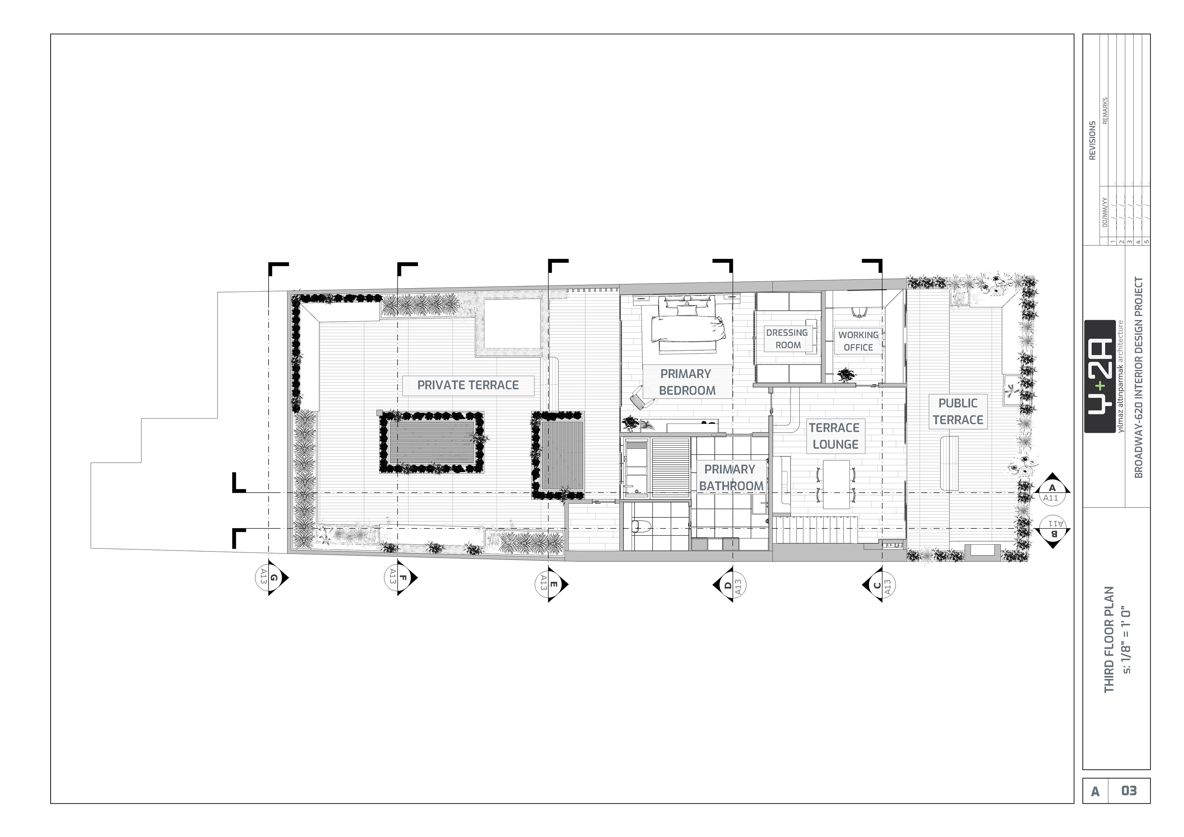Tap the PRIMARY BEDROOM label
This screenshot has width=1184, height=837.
click(687, 382)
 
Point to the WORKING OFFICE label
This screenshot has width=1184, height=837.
click(858, 341)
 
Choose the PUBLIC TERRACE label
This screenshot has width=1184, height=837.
click(958, 412)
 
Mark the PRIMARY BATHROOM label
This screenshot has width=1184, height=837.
click(731, 478)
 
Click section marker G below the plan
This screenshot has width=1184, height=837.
click(272, 578)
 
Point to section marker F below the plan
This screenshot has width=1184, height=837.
click(401, 578)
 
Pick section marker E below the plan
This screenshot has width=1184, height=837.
click(552, 585)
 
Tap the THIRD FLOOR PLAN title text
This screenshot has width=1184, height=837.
click(1109, 639)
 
